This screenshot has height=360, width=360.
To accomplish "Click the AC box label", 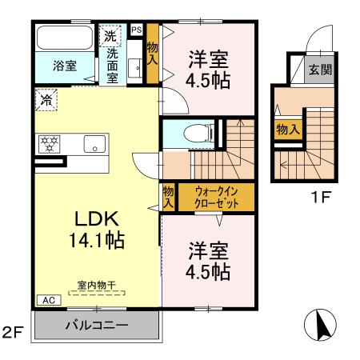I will (47, 300).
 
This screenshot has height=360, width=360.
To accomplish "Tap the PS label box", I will (136, 30).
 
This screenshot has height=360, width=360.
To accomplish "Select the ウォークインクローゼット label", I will (214, 197).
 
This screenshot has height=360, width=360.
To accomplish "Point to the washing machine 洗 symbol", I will (109, 36).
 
